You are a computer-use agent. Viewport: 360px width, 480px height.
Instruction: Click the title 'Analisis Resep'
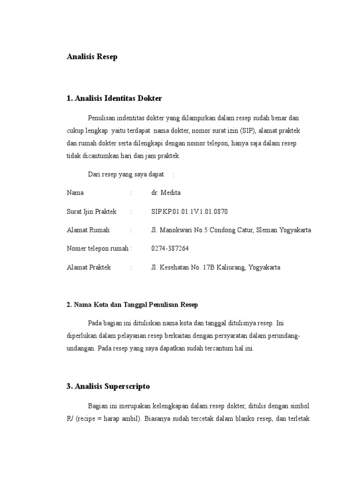coord(92,57)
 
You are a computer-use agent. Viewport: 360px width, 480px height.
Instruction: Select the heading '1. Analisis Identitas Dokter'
coord(114,98)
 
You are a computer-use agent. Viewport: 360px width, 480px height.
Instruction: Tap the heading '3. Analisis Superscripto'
coord(108,386)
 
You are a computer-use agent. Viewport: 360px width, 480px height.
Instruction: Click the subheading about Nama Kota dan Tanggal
coord(133,305)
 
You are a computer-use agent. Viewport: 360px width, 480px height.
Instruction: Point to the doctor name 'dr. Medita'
coord(166,193)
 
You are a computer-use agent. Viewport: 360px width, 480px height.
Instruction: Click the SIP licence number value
coord(189,211)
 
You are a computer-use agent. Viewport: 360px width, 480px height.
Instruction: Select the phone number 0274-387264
coord(170,248)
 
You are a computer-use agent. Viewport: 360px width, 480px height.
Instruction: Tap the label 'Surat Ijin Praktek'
coord(91,211)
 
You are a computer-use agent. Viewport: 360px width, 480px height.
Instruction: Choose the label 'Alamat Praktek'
coord(89,267)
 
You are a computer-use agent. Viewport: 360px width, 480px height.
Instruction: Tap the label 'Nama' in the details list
coord(75,193)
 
